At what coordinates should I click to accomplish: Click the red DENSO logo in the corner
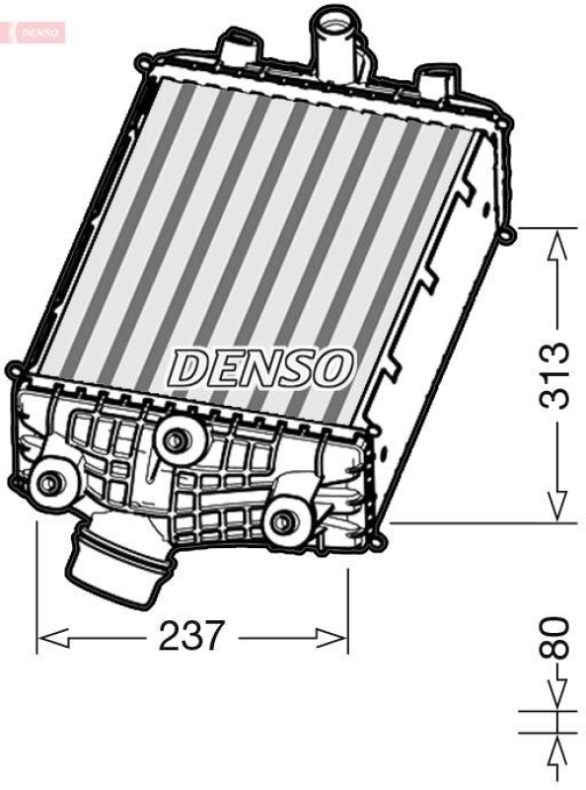pyautogui.click(x=37, y=32)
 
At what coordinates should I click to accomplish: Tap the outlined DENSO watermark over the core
pyautogui.click(x=261, y=367)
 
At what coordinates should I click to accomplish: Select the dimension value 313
pyautogui.click(x=559, y=375)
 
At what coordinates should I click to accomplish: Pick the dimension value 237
pyautogui.click(x=192, y=636)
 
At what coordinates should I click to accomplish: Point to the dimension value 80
pyautogui.click(x=559, y=638)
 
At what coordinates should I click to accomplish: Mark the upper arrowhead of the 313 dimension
pyautogui.click(x=559, y=243)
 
